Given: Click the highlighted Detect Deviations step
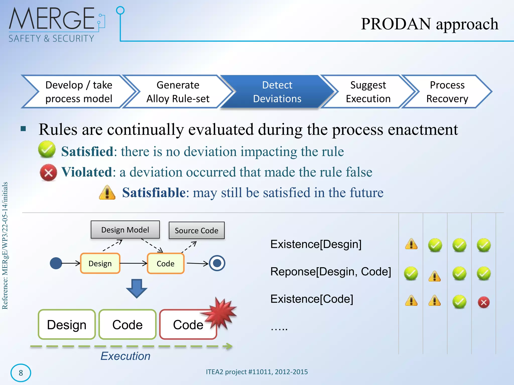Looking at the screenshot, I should (277, 92).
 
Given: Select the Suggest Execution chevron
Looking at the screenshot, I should (368, 92).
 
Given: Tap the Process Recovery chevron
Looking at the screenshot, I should (447, 92).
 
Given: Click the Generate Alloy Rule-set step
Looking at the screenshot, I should (178, 92).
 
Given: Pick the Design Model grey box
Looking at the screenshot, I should (125, 230).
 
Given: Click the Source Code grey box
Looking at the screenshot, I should (197, 230).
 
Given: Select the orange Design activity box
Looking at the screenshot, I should (100, 263).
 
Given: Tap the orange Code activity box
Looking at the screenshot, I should (166, 263).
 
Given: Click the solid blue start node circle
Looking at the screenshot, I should (56, 263).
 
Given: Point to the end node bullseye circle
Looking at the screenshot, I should (217, 263).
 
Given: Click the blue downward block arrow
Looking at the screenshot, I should (137, 288).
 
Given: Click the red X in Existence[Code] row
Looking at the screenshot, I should (484, 303).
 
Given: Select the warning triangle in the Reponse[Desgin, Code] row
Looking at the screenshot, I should (435, 276).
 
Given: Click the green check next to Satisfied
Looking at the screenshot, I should (47, 149).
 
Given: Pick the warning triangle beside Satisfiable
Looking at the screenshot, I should (107, 192).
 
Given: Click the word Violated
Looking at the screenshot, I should (87, 172).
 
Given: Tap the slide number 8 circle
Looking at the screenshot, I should (21, 373).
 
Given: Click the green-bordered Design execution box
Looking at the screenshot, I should (67, 325).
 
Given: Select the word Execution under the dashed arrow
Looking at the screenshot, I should (125, 356).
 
